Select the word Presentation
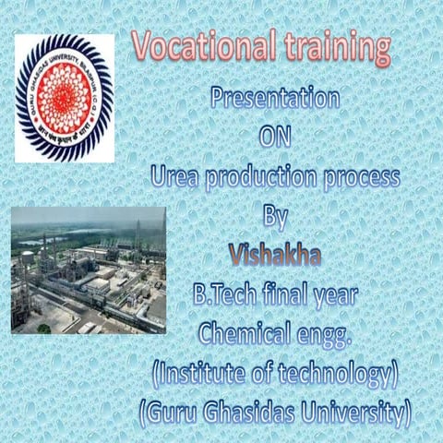275,97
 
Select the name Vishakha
274,255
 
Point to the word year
339,297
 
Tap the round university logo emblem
64,98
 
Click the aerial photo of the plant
89,269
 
